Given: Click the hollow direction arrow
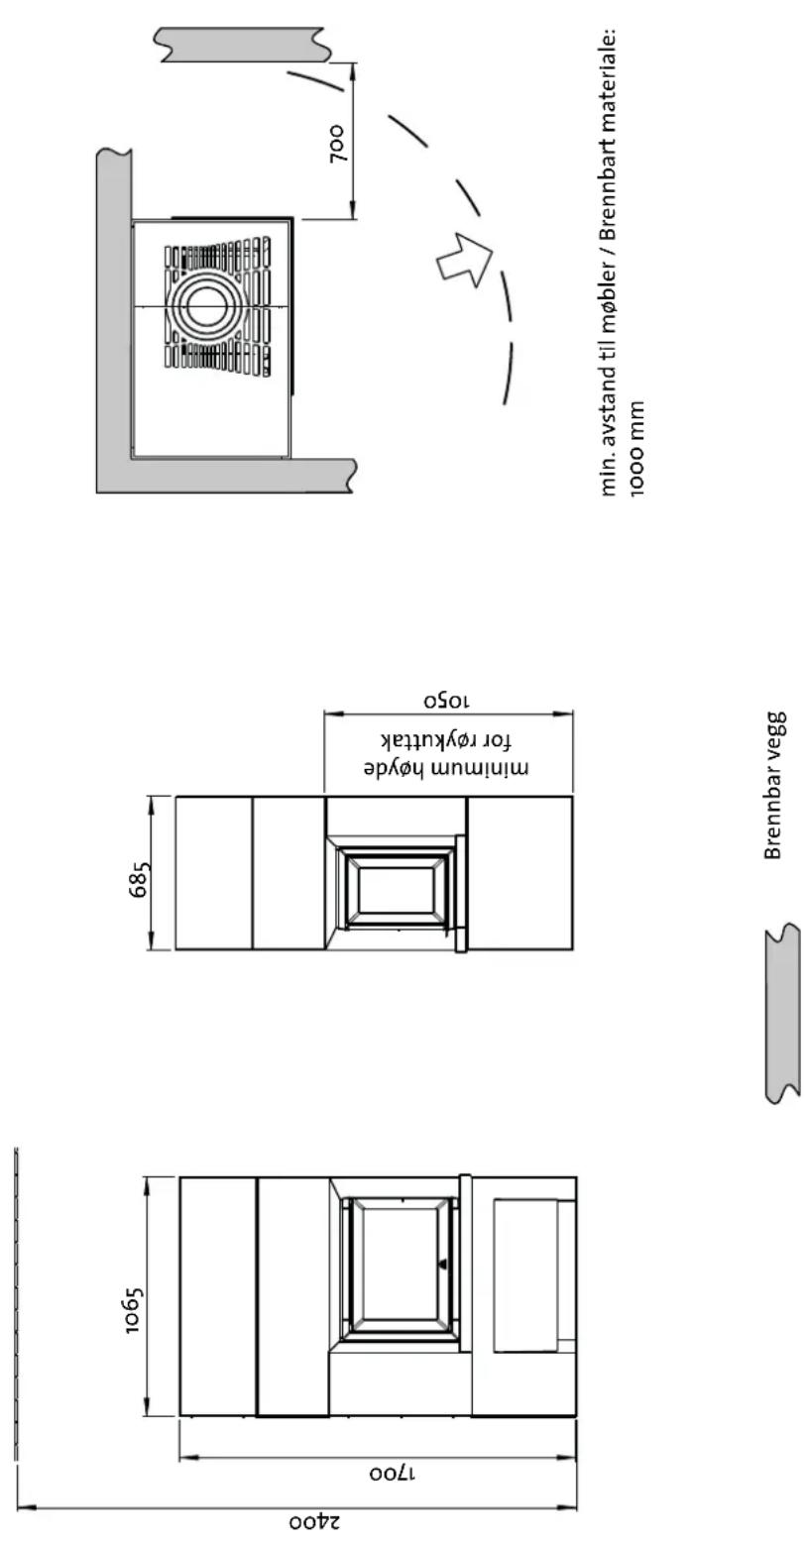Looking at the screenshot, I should (463, 259).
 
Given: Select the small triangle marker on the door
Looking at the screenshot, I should (443, 1264).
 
